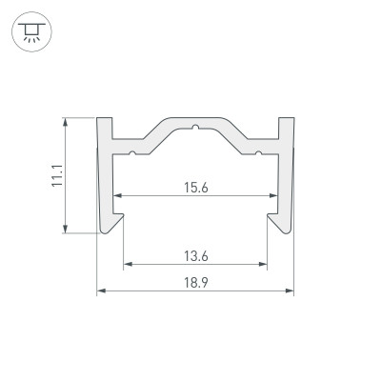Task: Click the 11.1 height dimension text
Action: pyautogui.click(x=56, y=175)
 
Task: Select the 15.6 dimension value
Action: pyautogui.click(x=194, y=188)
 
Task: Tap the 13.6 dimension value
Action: pyautogui.click(x=194, y=254)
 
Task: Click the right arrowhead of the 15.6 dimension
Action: pyautogui.click(x=273, y=197)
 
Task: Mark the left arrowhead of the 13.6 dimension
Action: pyautogui.click(x=127, y=264)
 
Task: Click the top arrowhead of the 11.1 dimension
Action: pyautogui.click(x=66, y=122)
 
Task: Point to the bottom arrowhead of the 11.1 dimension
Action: pyautogui.click(x=66, y=229)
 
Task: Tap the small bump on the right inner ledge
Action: pyautogui.click(x=257, y=150)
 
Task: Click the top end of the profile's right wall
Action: pyautogui.click(x=286, y=122)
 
